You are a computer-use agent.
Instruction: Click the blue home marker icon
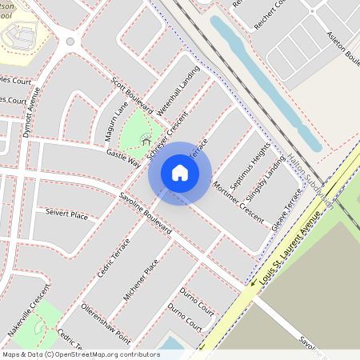[180, 173]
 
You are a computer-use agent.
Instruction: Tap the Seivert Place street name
[66, 214]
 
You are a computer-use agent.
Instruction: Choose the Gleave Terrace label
[287, 211]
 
